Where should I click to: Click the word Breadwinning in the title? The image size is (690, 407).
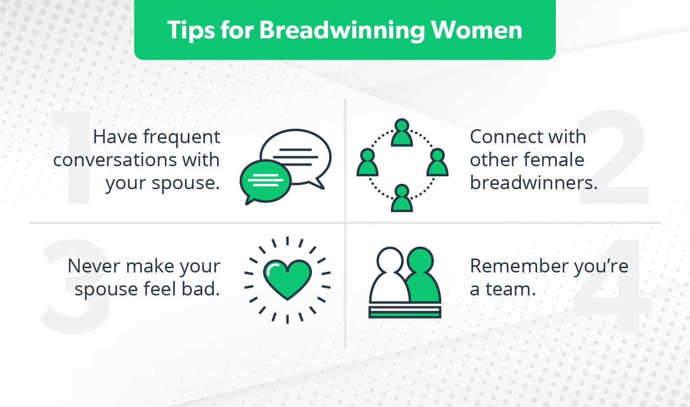point(342,30)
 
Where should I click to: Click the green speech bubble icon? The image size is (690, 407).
point(265,181)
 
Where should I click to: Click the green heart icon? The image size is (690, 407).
point(287,279)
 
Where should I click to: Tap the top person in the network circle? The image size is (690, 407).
point(402,133)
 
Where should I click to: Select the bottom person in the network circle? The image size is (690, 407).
point(402,198)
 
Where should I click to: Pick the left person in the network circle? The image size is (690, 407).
point(367,163)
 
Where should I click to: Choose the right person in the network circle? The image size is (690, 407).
point(437,163)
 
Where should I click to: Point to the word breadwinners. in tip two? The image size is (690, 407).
point(533,182)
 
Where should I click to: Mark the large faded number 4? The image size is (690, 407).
point(611,287)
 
